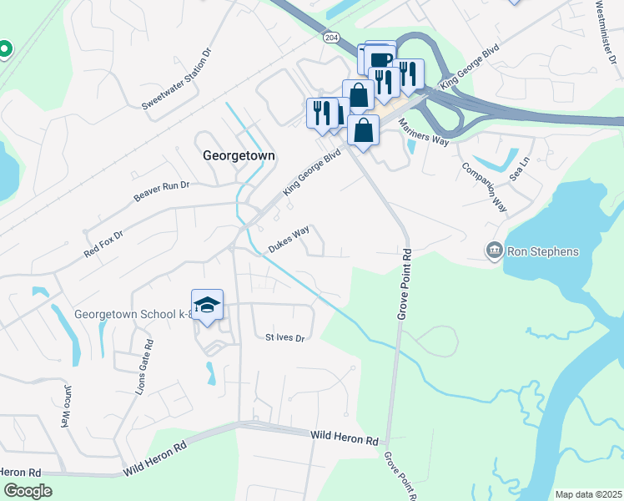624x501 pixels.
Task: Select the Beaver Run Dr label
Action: point(162,191)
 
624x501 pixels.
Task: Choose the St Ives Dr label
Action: point(285,338)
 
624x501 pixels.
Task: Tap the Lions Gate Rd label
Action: point(144,368)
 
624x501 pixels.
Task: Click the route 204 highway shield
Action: point(331,38)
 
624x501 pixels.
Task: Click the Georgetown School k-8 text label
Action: point(133,315)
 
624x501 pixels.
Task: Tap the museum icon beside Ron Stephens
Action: point(495,250)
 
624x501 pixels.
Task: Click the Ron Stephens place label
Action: point(542,250)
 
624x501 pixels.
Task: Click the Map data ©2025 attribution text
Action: point(587,494)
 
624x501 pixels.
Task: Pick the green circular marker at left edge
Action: point(3,50)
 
